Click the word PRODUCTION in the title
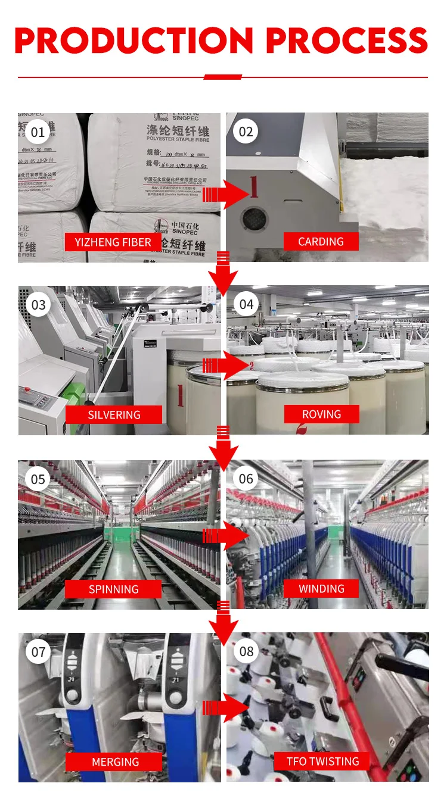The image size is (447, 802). pyautogui.click(x=134, y=40)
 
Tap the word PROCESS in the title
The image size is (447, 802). pyautogui.click(x=347, y=40)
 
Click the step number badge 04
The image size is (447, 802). pyautogui.click(x=246, y=305)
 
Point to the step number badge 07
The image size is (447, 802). pyautogui.click(x=38, y=652)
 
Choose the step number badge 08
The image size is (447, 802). pyautogui.click(x=246, y=651)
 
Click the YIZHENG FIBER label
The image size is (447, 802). pyautogui.click(x=113, y=242)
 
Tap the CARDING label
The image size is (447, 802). pyautogui.click(x=321, y=241)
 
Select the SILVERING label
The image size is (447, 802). pyautogui.click(x=114, y=414)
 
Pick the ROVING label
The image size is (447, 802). pyautogui.click(x=321, y=414)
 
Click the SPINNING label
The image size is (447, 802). pyautogui.click(x=113, y=589)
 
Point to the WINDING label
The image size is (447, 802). pyautogui.click(x=321, y=588)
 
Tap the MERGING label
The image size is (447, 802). pyautogui.click(x=114, y=762)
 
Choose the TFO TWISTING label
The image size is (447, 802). pyautogui.click(x=322, y=761)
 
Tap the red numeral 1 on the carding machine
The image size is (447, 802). pyautogui.click(x=254, y=186)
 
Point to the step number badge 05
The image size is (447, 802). pyautogui.click(x=38, y=479)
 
